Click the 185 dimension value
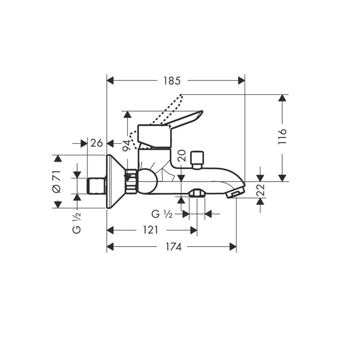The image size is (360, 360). pyautogui.click(x=172, y=81)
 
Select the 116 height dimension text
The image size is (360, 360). pyautogui.click(x=282, y=136)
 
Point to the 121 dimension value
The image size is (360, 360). pyautogui.click(x=150, y=230)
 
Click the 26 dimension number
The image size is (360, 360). pyautogui.click(x=96, y=143)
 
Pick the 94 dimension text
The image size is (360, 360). pyautogui.click(x=126, y=145)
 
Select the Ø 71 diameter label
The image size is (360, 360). pyautogui.click(x=57, y=181)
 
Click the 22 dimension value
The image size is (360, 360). pyautogui.click(x=260, y=190)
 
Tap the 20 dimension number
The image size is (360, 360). pyautogui.click(x=181, y=156)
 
